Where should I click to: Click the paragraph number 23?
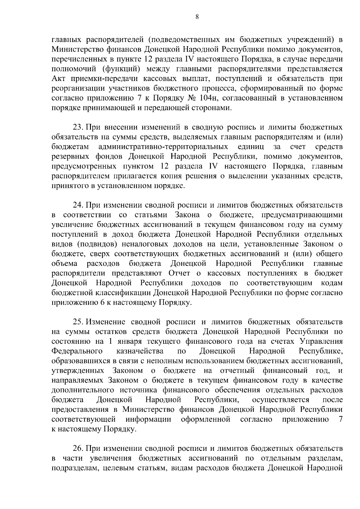[x=78, y=127]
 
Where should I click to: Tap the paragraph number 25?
[x=78, y=322]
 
